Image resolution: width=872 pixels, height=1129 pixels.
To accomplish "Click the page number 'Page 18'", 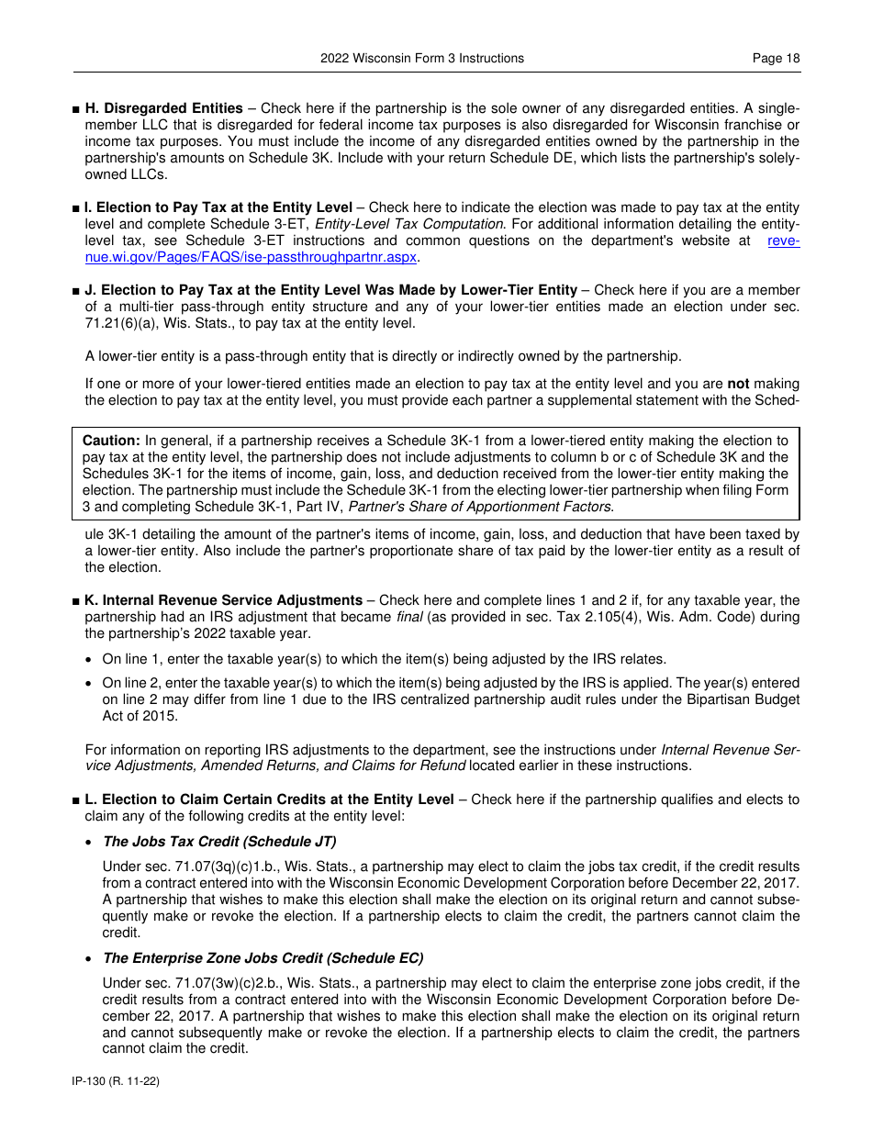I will click(776, 58).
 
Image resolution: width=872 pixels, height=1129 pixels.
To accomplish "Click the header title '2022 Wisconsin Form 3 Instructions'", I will click(422, 58).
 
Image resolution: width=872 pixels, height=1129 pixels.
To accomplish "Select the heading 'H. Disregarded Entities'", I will click(163, 108).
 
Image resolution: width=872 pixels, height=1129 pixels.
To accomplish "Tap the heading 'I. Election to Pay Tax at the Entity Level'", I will click(218, 207).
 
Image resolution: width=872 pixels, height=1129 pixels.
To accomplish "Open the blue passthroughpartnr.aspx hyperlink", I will click(251, 257).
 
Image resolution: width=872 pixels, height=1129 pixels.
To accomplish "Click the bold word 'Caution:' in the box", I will click(111, 441).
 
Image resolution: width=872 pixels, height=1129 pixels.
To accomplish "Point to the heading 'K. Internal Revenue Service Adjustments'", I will click(223, 600).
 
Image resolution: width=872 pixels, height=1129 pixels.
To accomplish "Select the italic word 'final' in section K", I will click(409, 617).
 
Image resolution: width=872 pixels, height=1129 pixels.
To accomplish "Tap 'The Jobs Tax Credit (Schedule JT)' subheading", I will click(219, 842).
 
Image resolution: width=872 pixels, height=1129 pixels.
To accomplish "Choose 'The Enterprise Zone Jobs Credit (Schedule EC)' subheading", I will click(263, 957).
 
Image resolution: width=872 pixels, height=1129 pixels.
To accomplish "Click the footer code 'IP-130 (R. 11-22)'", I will click(116, 1081).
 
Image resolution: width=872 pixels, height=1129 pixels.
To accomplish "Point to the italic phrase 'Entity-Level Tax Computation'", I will click(408, 224).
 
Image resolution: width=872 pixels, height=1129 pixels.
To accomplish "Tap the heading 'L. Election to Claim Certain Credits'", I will click(269, 799).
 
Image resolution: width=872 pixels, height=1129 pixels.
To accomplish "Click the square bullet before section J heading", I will click(75, 291).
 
